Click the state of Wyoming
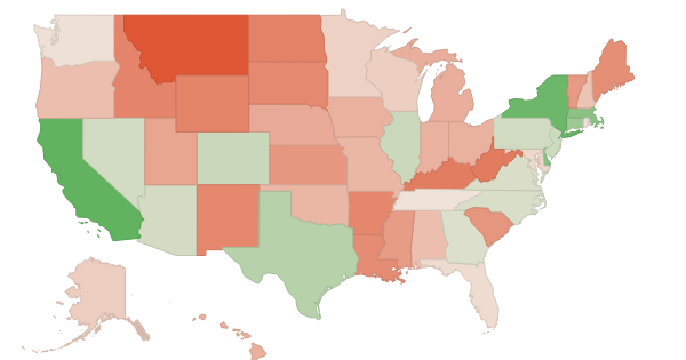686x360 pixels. (x=212, y=103)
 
